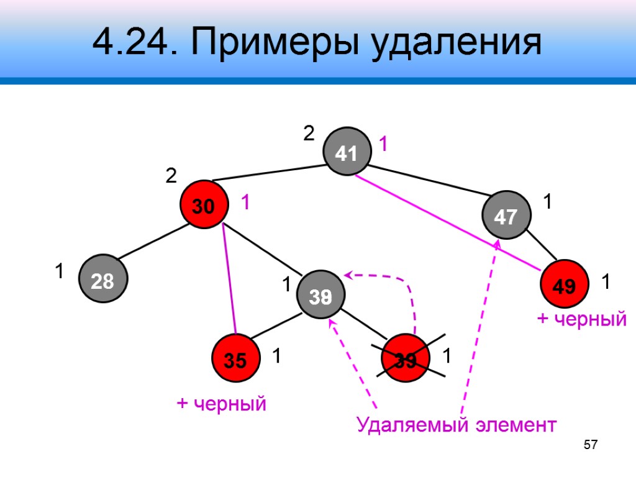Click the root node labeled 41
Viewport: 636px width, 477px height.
point(345,151)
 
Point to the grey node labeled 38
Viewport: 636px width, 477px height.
point(320,296)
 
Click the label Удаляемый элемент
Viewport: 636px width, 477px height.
point(457,425)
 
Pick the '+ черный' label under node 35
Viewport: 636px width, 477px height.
point(222,404)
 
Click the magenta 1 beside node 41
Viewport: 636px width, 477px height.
point(383,145)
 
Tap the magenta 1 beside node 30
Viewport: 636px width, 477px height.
point(245,202)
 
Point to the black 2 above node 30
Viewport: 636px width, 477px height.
point(171,177)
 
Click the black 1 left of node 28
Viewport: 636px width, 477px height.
point(59,271)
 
